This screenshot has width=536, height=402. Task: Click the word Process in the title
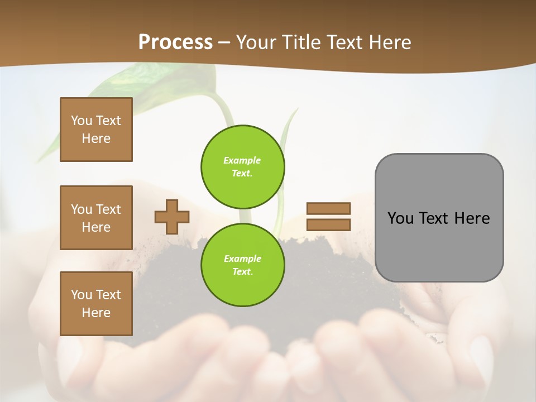175,42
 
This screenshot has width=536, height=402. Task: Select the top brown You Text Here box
96,130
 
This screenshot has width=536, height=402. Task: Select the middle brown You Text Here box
96,218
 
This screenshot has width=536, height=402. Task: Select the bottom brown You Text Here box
96,304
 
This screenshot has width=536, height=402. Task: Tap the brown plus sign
172,217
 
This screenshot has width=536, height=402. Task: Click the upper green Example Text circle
243,166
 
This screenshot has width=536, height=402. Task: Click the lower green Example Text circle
243,265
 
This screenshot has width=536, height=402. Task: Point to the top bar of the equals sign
329,208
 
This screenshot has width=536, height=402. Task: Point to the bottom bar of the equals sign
329,224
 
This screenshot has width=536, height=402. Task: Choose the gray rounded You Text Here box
439,218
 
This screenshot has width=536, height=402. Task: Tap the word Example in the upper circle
242,160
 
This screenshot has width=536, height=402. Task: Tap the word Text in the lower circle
242,272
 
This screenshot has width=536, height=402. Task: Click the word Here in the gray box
472,218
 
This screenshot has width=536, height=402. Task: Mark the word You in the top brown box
82,121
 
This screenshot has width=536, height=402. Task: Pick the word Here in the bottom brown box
96,313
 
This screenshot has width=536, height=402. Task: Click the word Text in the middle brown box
108,209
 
